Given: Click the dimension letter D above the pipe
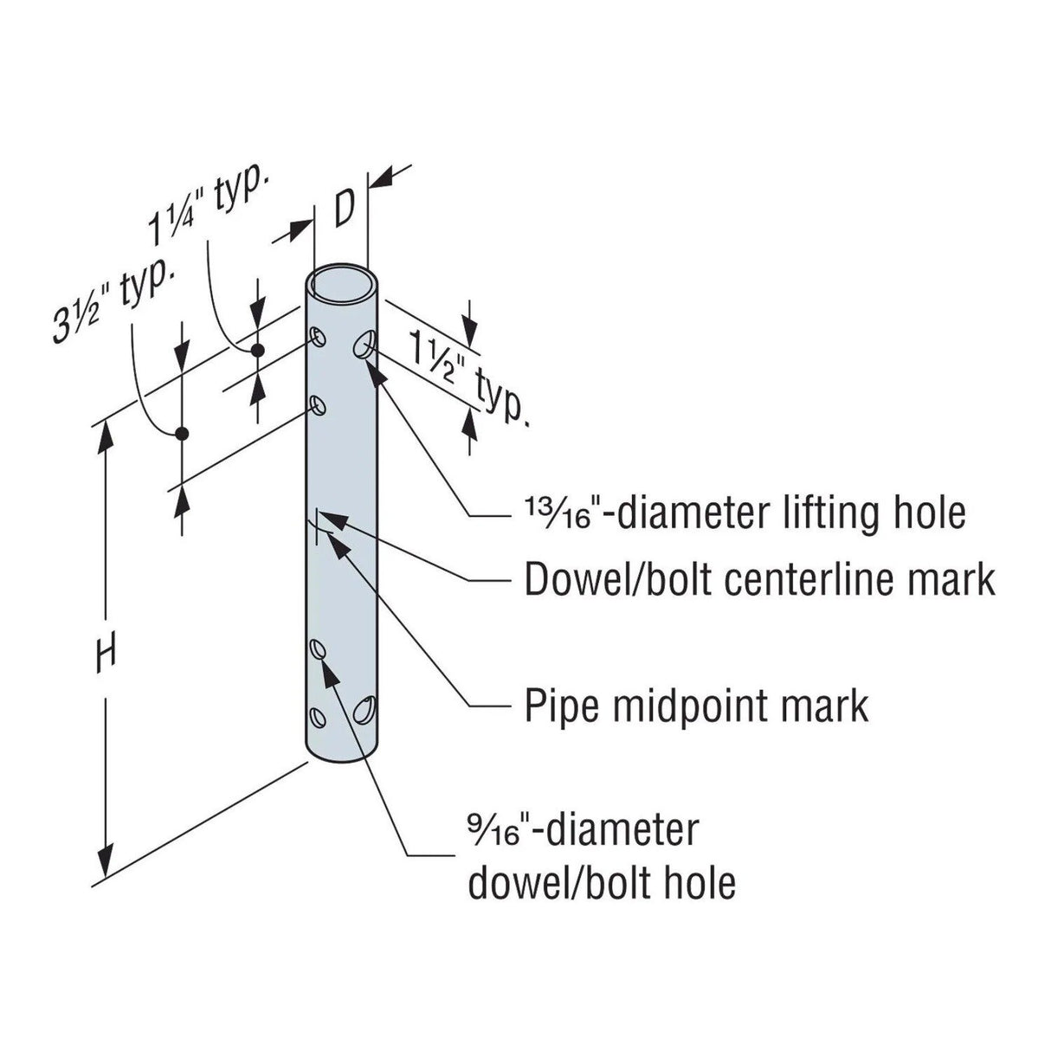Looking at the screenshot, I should pos(343,209).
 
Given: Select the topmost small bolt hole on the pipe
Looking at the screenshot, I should pos(319,336).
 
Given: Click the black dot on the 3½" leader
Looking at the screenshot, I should pos(182,433).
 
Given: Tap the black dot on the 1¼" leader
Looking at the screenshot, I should pos(256,350).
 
